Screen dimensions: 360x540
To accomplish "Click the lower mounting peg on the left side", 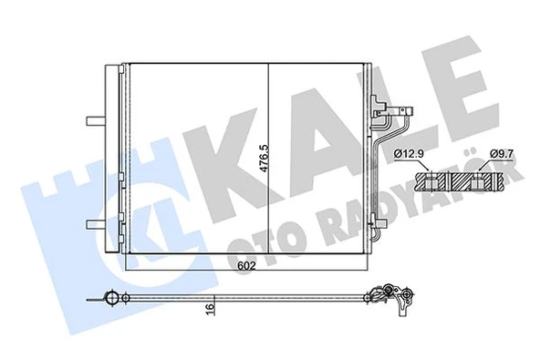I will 93,223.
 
